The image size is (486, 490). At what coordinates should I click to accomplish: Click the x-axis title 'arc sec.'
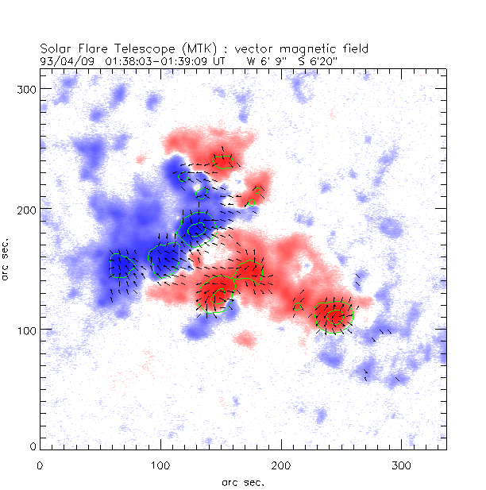point(243,481)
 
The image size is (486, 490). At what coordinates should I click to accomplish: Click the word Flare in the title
point(89,48)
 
